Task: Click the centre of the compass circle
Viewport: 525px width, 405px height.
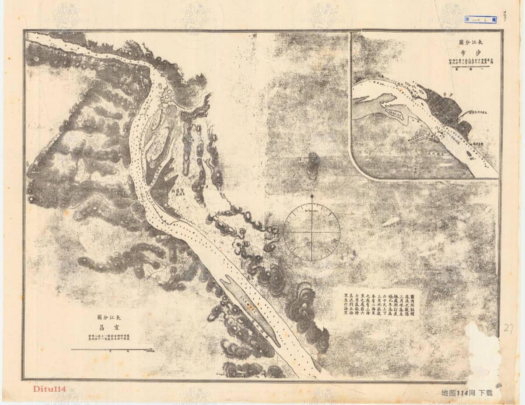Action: [x=311, y=232]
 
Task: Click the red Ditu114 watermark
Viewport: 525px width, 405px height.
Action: [x=49, y=389]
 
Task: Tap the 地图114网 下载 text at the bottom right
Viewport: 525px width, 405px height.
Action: [x=467, y=393]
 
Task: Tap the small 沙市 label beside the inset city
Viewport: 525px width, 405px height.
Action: [x=446, y=94]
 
